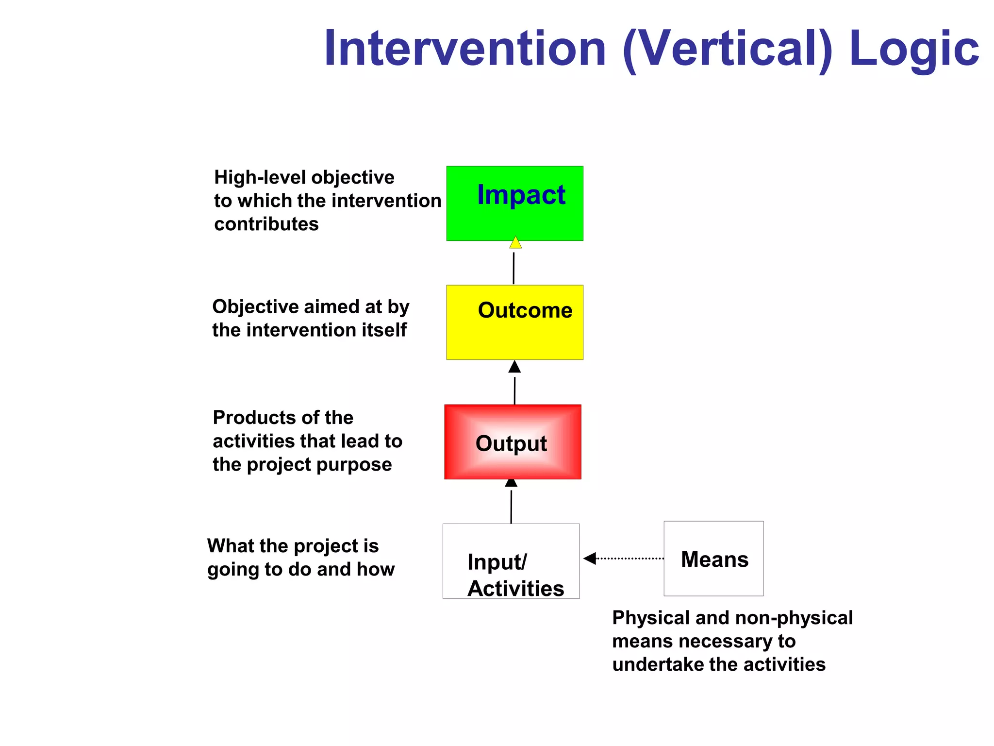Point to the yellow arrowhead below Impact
click(515, 243)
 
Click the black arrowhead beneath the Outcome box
click(514, 367)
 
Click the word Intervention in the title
click(465, 49)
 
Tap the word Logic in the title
click(913, 49)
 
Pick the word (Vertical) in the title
click(727, 49)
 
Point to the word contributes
click(266, 224)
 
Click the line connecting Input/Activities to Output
click(511, 507)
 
